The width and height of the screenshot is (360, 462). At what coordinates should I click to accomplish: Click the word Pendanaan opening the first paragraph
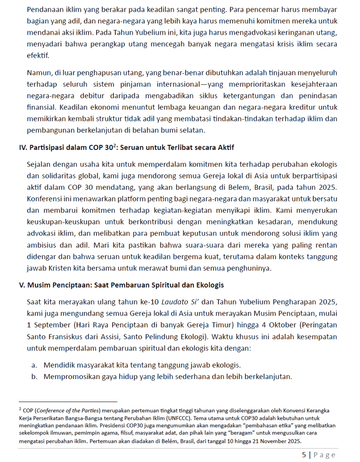[45, 9]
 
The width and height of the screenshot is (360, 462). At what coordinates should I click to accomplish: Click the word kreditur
[322, 106]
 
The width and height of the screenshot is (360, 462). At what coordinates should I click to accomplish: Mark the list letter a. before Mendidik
[34, 365]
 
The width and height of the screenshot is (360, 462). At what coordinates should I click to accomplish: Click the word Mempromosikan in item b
[68, 377]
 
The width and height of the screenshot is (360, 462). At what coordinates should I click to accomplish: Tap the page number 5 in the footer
[304, 455]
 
